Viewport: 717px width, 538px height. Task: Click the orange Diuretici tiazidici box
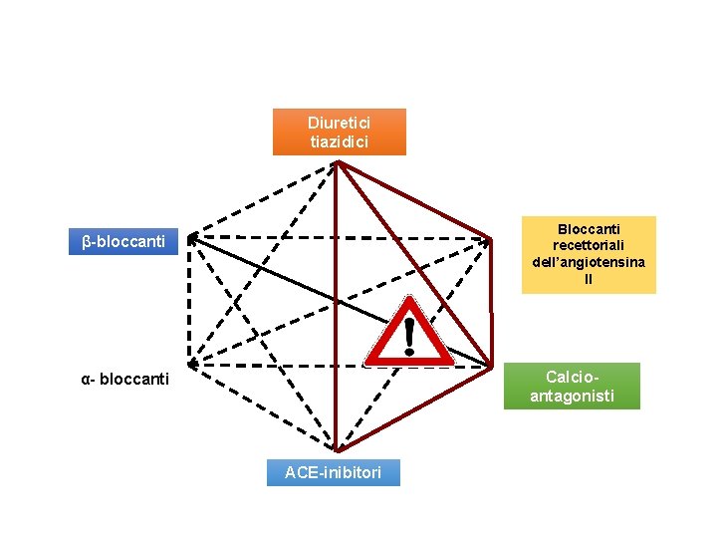coord(340,132)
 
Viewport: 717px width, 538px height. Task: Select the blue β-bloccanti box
coord(123,241)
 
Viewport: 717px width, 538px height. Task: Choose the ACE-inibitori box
coord(333,472)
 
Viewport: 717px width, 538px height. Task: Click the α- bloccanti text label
coord(124,380)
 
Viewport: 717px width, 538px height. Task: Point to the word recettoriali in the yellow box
coord(589,245)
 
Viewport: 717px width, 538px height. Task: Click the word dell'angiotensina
coord(589,262)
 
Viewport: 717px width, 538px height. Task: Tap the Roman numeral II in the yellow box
coord(589,279)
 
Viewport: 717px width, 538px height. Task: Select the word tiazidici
coord(340,141)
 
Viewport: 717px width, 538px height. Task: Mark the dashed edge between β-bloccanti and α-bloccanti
coord(188,299)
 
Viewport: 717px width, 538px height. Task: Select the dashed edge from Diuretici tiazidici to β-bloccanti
coord(264,199)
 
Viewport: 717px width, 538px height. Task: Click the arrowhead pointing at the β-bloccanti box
coord(192,238)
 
